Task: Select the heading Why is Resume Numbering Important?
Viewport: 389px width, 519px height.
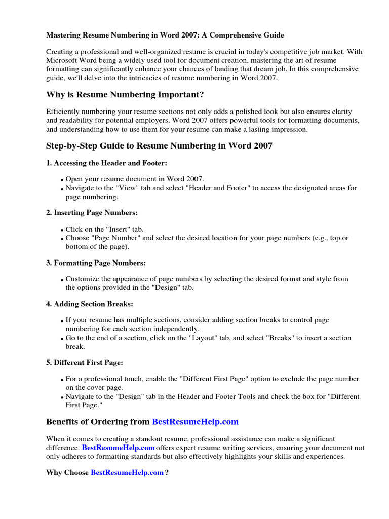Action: pos(125,95)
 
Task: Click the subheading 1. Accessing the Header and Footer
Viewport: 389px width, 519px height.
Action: pos(106,163)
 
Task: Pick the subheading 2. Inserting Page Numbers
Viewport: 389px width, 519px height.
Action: pos(92,213)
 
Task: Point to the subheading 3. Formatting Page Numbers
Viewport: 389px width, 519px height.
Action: pos(96,263)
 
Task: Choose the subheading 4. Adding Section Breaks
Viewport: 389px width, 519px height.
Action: pos(90,304)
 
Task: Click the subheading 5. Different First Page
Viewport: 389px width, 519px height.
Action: pos(85,362)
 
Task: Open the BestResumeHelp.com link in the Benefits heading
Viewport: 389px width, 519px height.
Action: pos(195,422)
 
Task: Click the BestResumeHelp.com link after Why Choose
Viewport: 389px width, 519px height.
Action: pos(127,472)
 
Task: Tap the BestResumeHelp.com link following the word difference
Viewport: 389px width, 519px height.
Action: pos(118,448)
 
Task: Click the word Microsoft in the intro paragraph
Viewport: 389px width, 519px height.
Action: pos(63,61)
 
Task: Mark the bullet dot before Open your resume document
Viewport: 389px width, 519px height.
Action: pos(62,180)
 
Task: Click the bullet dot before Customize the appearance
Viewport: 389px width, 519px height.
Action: pos(62,280)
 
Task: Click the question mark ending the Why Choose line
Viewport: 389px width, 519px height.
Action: pos(167,472)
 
